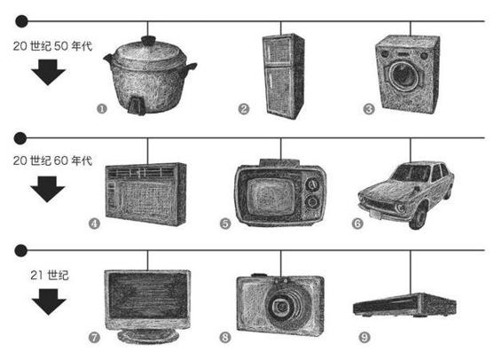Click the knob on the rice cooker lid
pos(147,41)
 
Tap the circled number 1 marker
pos(101,109)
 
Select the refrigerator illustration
pos(283,76)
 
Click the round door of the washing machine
pos(404,76)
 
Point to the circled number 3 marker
pos(368,109)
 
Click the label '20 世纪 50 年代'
pos(52,46)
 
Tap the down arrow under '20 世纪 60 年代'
pos(47,189)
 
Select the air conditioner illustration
pos(145,194)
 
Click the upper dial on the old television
pos(312,184)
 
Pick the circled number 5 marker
pos(225,223)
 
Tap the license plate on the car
pos(374,214)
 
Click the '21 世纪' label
pos(50,275)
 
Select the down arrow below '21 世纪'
pos(49,301)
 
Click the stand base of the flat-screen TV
pos(148,336)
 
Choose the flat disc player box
pos(405,304)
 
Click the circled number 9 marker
pos(365,337)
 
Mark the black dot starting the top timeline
pos(22,21)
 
